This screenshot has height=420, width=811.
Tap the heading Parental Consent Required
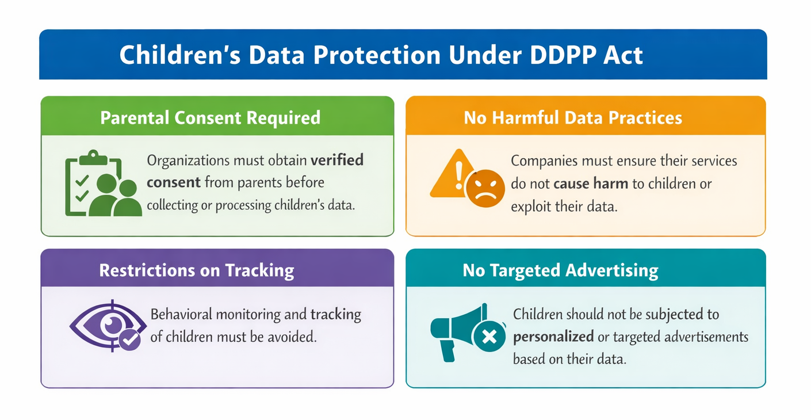[210, 117]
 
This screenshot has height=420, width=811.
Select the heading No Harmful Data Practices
[573, 118]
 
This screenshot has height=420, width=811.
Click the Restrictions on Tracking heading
[196, 270]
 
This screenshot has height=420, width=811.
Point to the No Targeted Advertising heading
[560, 270]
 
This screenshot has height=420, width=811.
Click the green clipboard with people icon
[102, 184]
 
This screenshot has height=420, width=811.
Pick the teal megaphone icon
[454, 331]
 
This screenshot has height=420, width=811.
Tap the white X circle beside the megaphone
[489, 337]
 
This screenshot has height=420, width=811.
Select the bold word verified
[338, 159]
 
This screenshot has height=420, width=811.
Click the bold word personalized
[553, 336]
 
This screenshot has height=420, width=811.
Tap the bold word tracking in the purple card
[336, 315]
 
